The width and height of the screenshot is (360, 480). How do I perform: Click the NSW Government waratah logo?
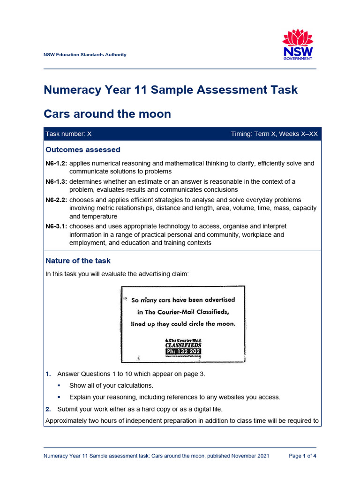[x=298, y=45]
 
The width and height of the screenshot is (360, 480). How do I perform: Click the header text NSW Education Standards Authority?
[x=85, y=55]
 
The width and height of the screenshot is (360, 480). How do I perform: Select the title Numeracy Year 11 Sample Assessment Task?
[x=171, y=90]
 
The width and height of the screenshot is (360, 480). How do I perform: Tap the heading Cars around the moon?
[x=107, y=114]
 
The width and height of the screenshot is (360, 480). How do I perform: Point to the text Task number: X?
[x=68, y=134]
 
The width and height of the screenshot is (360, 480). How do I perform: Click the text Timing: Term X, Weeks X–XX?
[x=274, y=134]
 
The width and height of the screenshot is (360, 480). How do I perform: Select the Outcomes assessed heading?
[x=83, y=150]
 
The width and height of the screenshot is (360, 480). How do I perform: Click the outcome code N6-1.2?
[x=56, y=164]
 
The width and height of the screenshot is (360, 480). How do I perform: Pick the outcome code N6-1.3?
[x=56, y=181]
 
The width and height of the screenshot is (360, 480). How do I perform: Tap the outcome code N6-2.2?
[x=56, y=199]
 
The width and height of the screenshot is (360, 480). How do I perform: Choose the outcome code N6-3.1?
[x=56, y=226]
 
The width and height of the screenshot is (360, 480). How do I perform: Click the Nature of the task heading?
[x=78, y=261]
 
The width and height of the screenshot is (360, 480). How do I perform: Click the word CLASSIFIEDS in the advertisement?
[x=183, y=345]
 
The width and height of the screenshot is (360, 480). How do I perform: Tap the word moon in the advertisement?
[x=225, y=324]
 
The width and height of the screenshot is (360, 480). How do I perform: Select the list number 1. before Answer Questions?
[x=48, y=374]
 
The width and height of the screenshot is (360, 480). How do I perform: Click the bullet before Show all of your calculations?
[x=60, y=386]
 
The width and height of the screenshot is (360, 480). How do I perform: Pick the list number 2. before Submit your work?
[x=48, y=409]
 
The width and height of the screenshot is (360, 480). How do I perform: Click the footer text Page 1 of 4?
[x=302, y=456]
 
